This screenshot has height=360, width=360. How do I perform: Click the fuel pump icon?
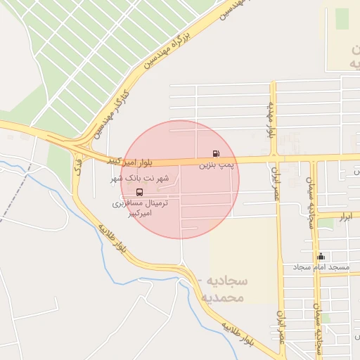tap(214, 153)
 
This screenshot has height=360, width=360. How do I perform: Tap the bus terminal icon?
tap(138, 192)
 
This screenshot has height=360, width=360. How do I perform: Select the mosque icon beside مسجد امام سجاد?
tap(321, 257)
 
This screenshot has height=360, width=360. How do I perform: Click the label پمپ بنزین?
tap(214, 165)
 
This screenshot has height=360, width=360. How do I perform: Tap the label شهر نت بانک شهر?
tap(139, 180)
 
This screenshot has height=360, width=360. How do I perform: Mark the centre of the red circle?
tap(180, 179)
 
